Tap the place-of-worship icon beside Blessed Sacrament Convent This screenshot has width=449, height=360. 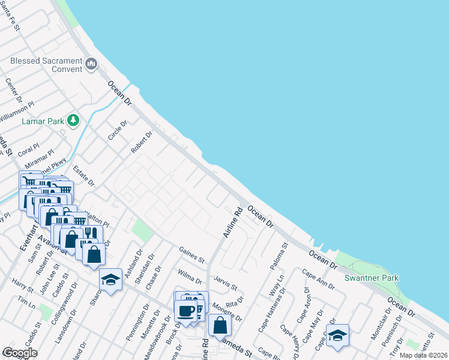pyautogui.click(x=91, y=64)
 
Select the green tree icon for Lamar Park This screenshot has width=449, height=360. pyautogui.click(x=73, y=121)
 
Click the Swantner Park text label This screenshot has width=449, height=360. pyautogui.click(x=372, y=278)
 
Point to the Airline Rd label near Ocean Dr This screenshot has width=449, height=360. pyautogui.click(x=233, y=222)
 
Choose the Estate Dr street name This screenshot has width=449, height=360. pyautogui.click(x=83, y=176)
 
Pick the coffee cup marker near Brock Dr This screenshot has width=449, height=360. pyautogui.click(x=185, y=311)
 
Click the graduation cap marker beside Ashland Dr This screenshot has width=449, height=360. pyautogui.click(x=110, y=281)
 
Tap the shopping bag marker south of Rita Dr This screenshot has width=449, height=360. pyautogui.click(x=220, y=325)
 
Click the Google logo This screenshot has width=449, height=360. pyautogui.click(x=20, y=353)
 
